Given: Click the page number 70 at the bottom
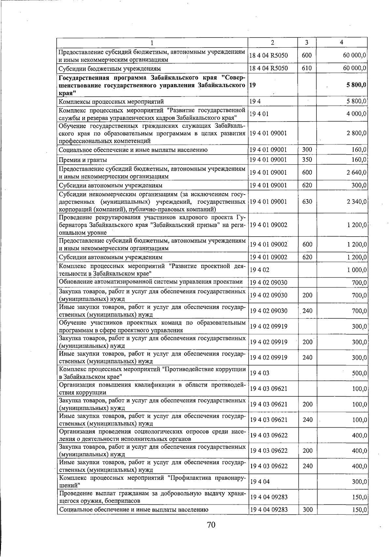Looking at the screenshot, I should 211,524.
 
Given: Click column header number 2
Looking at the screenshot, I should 272,43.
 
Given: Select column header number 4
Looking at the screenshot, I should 341,43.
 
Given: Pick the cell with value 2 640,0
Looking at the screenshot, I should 356,172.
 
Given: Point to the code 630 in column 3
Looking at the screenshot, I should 307,202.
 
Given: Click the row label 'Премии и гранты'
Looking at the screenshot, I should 83,160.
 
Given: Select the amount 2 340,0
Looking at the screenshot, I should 356,202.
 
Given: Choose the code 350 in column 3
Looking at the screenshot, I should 307,160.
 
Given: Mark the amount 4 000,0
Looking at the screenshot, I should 356,114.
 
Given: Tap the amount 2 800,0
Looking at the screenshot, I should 356,133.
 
